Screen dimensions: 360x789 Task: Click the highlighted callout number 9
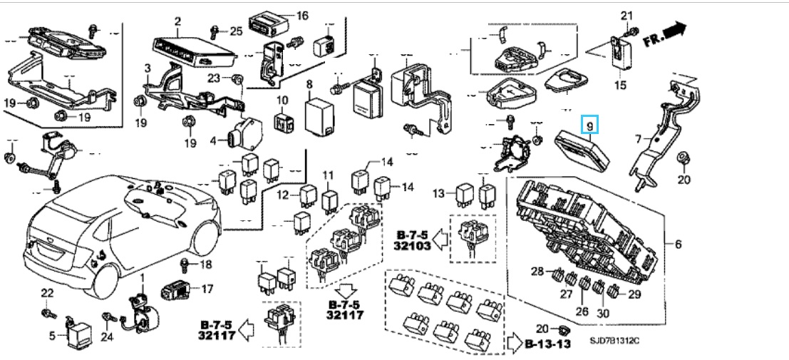[589, 125]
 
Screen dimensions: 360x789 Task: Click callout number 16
[301, 16]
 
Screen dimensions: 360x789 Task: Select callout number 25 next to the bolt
[236, 30]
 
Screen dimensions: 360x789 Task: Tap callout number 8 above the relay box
[309, 85]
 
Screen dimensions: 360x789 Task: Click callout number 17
[207, 289]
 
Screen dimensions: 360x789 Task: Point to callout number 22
[46, 293]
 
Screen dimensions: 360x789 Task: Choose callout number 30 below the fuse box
[602, 311]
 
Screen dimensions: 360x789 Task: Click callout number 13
[438, 192]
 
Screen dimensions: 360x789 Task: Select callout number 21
[626, 16]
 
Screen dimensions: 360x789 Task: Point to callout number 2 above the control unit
[177, 21]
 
